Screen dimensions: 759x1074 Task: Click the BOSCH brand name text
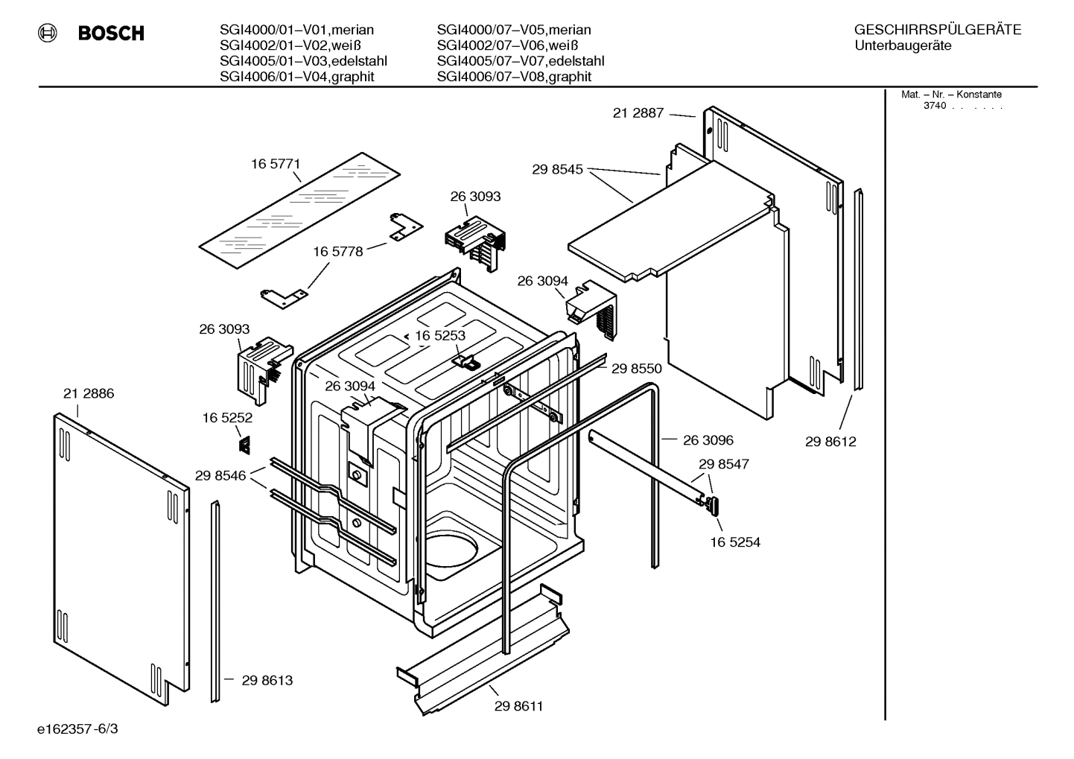tap(111, 34)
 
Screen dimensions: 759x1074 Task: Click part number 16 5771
tap(275, 164)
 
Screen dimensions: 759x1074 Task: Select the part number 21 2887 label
tap(638, 113)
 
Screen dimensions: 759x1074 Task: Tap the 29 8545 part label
tap(557, 170)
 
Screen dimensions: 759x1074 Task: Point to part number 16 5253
tap(440, 336)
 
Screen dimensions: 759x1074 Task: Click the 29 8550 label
tap(636, 368)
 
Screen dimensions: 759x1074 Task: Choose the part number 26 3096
tap(708, 440)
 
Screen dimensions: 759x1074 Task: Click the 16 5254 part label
tap(734, 542)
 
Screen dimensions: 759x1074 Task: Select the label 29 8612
tap(830, 442)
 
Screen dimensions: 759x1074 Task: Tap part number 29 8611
tap(518, 706)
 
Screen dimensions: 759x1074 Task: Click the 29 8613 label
tap(267, 680)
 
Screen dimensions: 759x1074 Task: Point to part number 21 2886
tap(89, 393)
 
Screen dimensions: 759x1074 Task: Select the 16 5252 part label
tap(227, 419)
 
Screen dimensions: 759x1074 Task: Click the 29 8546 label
tap(220, 475)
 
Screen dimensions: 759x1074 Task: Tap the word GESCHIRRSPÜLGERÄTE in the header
tap(937, 30)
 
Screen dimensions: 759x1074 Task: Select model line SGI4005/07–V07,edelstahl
tap(520, 61)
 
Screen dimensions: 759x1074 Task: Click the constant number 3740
tap(934, 106)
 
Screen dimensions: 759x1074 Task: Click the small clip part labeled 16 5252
tap(244, 445)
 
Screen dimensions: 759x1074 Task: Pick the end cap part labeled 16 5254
tap(714, 505)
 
